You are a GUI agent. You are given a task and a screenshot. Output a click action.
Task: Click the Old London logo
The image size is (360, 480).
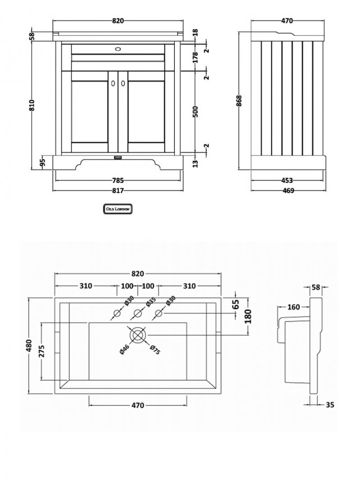[x=118, y=209]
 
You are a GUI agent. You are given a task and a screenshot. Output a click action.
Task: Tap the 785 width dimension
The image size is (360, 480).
[x=118, y=181]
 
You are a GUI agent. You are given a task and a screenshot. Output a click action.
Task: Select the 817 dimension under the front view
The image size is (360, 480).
[x=118, y=190]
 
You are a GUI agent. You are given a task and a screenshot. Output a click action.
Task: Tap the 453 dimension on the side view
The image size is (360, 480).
[x=287, y=181]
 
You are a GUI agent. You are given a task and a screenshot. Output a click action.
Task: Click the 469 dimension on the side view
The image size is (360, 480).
[x=287, y=190]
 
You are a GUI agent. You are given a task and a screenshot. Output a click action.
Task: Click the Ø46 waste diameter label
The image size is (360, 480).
[x=125, y=349]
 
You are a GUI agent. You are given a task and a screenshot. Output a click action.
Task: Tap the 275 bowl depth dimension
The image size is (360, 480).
[x=41, y=352]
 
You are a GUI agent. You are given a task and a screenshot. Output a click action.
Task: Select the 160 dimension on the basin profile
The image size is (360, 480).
[x=293, y=308]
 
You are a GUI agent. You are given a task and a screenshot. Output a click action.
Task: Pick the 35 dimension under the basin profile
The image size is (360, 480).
[x=329, y=405]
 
